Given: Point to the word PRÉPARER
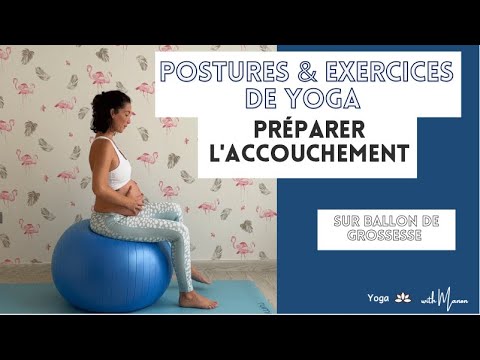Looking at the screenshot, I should [306, 131].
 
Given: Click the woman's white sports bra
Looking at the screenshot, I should [117, 165].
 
